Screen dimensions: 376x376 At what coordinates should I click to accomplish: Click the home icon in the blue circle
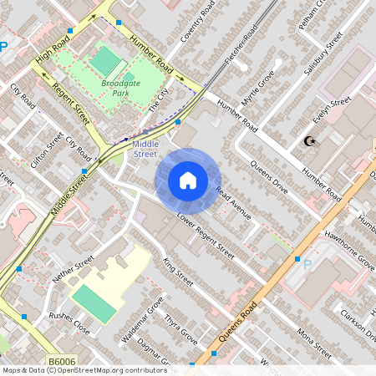point(188,180)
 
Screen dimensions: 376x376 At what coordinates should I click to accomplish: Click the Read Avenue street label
point(233,202)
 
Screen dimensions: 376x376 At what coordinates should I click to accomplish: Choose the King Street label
point(179,272)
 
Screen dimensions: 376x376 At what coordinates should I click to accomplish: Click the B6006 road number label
point(62,361)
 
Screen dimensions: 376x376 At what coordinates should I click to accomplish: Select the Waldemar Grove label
point(143,324)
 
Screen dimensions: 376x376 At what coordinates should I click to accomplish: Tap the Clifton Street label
point(45,151)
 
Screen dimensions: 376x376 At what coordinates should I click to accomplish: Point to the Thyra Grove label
point(180,329)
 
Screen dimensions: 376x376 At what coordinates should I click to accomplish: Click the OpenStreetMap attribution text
point(84,369)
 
